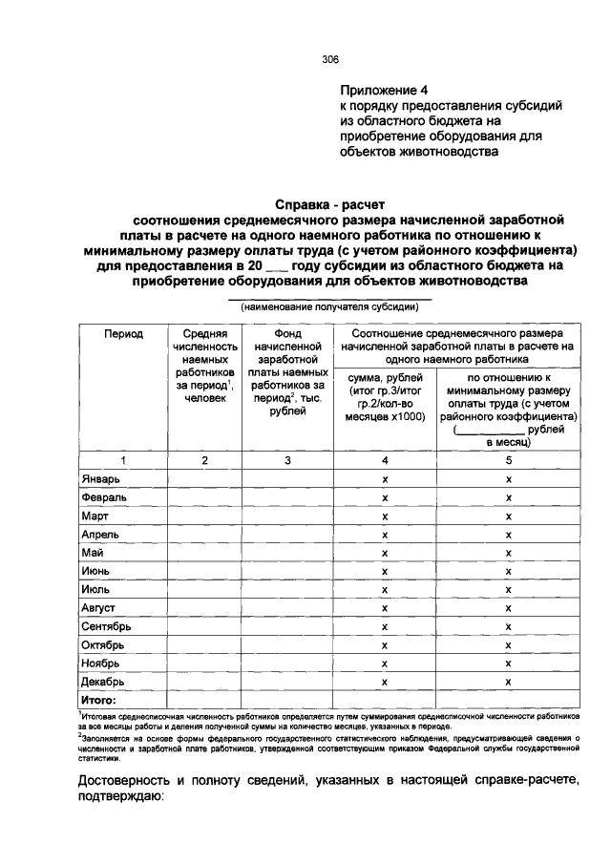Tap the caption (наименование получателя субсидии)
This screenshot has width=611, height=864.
pos(329,307)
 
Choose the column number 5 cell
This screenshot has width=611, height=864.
pos(508,460)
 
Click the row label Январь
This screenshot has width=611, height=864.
pos(99,479)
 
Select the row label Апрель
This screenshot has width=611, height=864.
pos(100,535)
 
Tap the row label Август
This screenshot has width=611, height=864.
pos(98,608)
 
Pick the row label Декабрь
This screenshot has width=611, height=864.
pos(102,682)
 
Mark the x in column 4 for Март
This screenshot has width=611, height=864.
pos(384,516)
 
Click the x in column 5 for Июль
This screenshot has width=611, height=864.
pos(508,590)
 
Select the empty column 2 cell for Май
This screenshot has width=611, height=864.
pos(204,553)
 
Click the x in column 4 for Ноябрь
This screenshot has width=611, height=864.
pos(384,664)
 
